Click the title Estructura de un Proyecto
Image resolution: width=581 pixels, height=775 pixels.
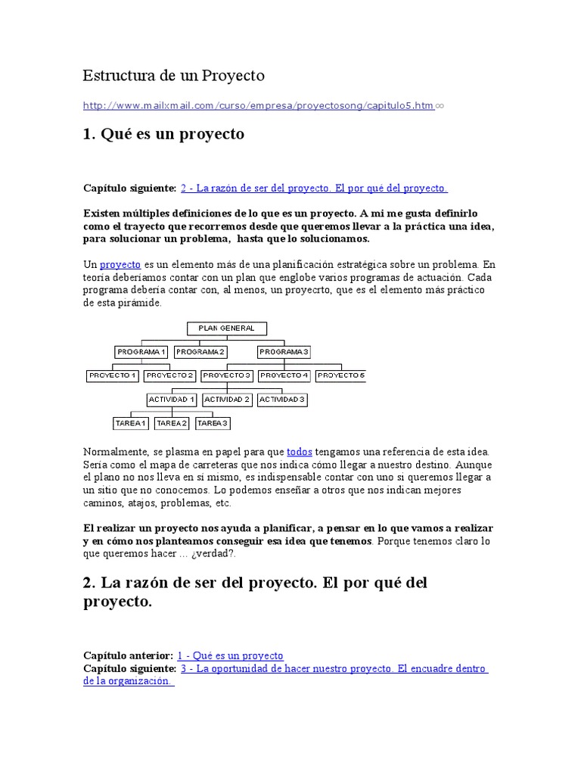click(x=173, y=76)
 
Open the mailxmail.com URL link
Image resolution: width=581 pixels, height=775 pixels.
click(x=258, y=106)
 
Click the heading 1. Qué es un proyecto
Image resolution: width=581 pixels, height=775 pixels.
click(x=163, y=134)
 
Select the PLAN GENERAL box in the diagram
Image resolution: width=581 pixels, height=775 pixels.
click(x=226, y=328)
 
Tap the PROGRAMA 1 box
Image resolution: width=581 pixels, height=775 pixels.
click(x=141, y=352)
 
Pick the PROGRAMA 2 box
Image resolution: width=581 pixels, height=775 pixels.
click(x=200, y=352)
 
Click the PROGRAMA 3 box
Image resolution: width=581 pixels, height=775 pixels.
click(x=284, y=352)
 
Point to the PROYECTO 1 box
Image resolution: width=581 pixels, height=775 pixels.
click(x=112, y=375)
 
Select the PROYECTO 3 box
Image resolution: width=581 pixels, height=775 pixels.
click(x=227, y=375)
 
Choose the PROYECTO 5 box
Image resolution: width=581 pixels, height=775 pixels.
click(x=340, y=375)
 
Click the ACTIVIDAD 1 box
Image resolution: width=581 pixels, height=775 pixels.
click(x=172, y=399)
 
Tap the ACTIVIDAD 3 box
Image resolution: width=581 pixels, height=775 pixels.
click(x=282, y=399)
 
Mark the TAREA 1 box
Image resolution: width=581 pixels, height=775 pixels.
click(x=131, y=423)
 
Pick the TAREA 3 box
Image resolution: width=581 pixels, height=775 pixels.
click(x=213, y=423)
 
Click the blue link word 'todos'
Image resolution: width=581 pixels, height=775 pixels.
click(x=300, y=451)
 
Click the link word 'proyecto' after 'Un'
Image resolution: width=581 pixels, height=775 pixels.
click(x=120, y=265)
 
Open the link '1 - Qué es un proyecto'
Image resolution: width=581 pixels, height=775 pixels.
click(x=230, y=655)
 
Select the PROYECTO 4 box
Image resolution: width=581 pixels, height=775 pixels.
click(x=284, y=375)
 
